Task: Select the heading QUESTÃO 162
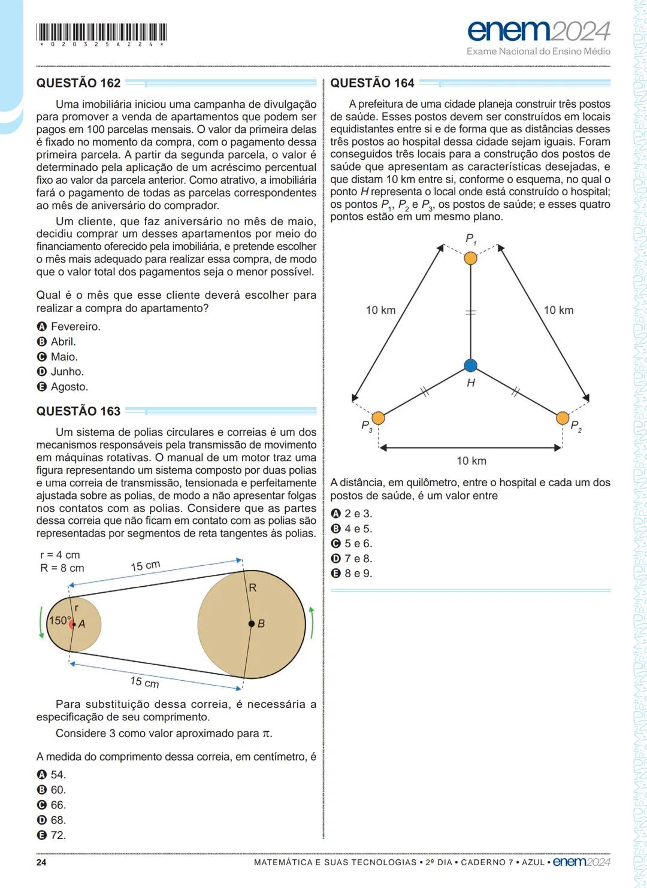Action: [x=78, y=83]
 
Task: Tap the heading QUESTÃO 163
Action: [x=78, y=411]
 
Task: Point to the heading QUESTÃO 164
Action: [x=372, y=83]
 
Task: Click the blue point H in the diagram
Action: [x=470, y=365]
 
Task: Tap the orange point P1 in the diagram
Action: [x=470, y=258]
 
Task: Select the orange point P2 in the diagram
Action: [x=562, y=417]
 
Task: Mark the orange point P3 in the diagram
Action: [x=378, y=417]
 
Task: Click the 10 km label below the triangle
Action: [x=471, y=460]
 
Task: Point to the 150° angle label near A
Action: [x=60, y=620]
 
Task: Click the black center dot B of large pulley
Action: [x=252, y=624]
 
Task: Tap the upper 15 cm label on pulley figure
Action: [x=146, y=565]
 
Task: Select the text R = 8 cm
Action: [x=62, y=568]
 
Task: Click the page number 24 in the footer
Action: [x=41, y=862]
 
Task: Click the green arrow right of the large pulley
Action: [x=312, y=623]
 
